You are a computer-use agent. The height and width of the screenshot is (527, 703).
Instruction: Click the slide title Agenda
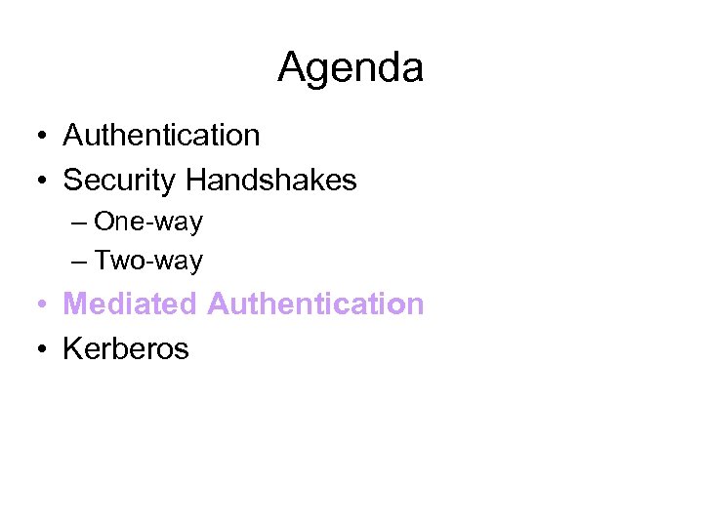coord(351,68)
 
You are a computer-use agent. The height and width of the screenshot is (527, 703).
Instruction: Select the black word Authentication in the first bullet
coord(161,135)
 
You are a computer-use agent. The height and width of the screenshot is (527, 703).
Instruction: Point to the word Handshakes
coord(271,180)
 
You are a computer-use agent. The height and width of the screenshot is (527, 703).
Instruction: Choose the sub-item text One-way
coord(148,223)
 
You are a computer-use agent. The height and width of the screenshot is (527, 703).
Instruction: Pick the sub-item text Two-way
coord(148,262)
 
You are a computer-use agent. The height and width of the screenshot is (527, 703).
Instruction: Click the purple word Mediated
coord(130,304)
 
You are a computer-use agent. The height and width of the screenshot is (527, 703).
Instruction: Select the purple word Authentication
coord(315,304)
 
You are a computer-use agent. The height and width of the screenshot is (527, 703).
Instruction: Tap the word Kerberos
coord(126,348)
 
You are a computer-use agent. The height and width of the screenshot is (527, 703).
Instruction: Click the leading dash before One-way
coord(79,223)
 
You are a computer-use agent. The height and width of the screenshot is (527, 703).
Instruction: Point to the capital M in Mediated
coord(75,304)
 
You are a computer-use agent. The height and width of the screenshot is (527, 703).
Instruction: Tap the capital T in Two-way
coord(102,262)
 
